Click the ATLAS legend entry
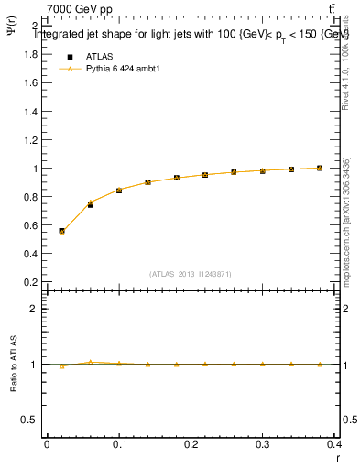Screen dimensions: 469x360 click(x=99, y=56)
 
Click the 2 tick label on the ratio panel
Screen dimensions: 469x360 click(x=34, y=310)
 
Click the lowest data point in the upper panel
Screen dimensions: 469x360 click(x=61, y=231)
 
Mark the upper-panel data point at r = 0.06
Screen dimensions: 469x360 click(x=91, y=203)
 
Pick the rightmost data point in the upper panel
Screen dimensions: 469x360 click(x=320, y=169)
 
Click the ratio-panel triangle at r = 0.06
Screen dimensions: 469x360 click(x=91, y=362)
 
